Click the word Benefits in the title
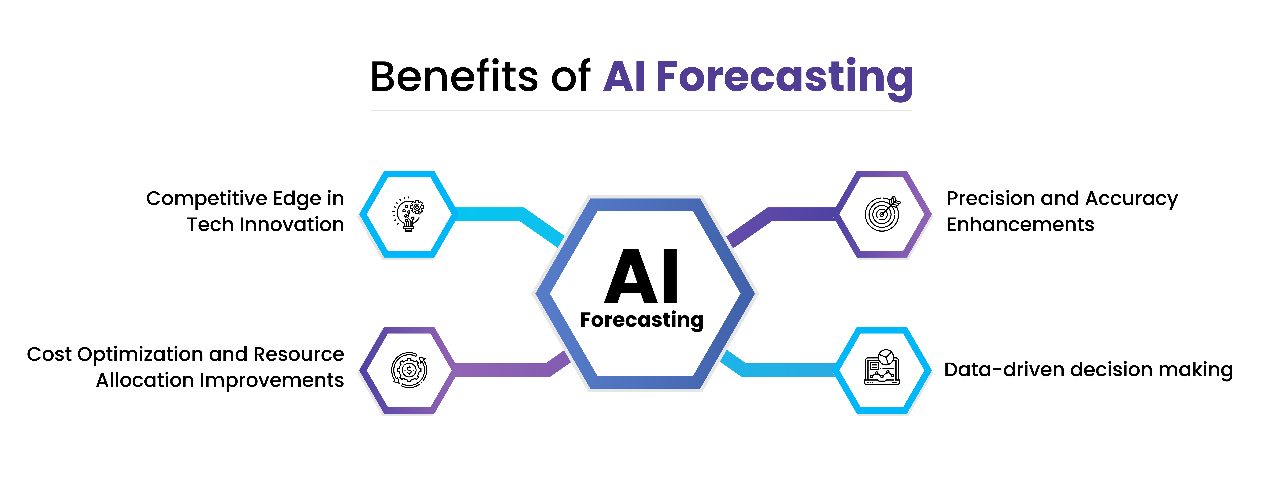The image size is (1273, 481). [x=454, y=77]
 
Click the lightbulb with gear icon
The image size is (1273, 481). [x=408, y=214]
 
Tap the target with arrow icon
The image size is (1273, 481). [x=882, y=214]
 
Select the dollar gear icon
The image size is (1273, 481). [x=409, y=370]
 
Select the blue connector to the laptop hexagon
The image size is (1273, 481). [x=786, y=370]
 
